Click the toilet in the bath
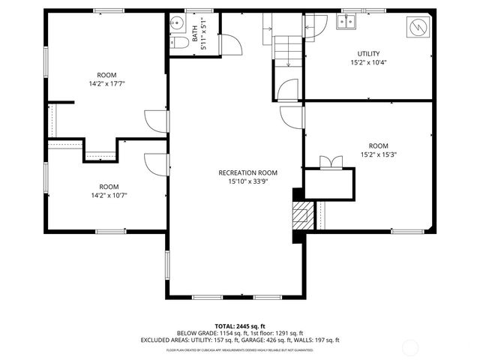[x=178, y=44]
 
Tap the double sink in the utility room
[x=347, y=22]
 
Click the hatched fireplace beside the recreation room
[x=300, y=215]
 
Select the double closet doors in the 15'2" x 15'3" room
[x=328, y=162]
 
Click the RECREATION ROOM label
[x=238, y=172]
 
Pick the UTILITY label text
[x=368, y=54]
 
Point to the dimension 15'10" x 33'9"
[x=238, y=181]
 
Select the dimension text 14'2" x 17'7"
[x=106, y=83]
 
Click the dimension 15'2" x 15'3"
[x=378, y=154]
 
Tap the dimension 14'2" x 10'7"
[x=109, y=195]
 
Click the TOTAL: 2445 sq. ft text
[x=240, y=326]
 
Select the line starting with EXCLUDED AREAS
[x=240, y=340]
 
